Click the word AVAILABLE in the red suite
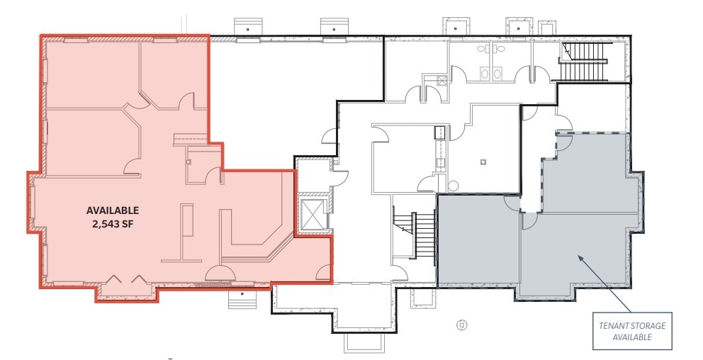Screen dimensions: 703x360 [x=113, y=210]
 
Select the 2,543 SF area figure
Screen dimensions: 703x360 [x=113, y=223]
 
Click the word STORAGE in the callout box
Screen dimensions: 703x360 [x=648, y=326]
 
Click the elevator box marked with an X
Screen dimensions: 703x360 [x=313, y=213]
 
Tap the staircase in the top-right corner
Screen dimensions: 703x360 [x=584, y=62]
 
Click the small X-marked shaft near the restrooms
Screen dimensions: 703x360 [x=442, y=81]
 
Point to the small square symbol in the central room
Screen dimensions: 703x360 [x=483, y=162]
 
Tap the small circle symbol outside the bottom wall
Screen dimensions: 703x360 [x=462, y=325]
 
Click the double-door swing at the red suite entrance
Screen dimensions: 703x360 [x=219, y=273]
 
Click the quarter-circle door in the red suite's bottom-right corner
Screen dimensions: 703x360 [x=324, y=273]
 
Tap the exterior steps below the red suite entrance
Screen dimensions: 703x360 [x=242, y=298]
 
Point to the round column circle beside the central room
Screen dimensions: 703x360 [x=453, y=185]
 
